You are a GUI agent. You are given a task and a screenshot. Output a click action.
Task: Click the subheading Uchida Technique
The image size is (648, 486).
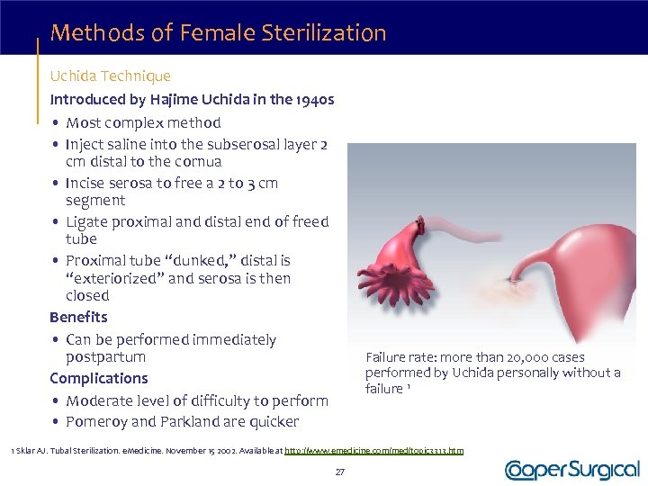pos(110,76)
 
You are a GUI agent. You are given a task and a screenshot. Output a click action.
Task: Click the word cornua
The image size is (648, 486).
pos(197,162)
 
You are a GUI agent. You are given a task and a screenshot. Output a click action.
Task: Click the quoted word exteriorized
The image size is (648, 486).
pos(116,278)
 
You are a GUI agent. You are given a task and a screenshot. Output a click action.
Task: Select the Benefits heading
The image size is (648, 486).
pos(78,318)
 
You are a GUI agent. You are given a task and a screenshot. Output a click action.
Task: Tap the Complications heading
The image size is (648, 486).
pos(99,379)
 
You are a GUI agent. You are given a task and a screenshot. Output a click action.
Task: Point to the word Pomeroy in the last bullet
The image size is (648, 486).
pos(97,422)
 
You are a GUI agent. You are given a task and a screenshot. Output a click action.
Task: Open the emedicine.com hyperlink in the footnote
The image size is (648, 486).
pos(373,450)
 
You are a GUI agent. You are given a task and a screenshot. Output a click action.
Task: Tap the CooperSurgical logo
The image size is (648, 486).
pos(572,470)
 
